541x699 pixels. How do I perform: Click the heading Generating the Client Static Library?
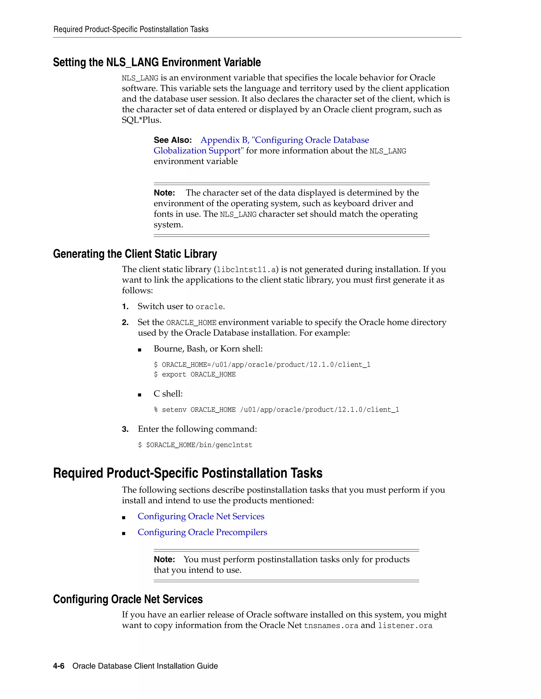tap(135, 254)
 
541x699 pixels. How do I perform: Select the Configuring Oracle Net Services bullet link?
tap(201, 516)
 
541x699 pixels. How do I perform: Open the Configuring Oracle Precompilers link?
tap(202, 532)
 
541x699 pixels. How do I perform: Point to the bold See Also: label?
tap(172, 140)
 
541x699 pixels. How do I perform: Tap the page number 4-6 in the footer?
tap(59, 666)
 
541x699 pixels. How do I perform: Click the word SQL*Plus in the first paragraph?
tap(141, 120)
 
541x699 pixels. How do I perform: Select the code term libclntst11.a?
tap(246, 270)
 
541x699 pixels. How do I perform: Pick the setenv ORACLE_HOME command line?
tap(276, 410)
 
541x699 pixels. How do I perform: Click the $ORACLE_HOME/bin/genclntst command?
tap(199, 445)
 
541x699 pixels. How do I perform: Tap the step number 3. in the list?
tap(125, 429)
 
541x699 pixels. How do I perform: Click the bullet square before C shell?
tap(139, 395)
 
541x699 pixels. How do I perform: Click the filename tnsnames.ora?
tap(331, 625)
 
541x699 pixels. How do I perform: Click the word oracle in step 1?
tap(209, 307)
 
